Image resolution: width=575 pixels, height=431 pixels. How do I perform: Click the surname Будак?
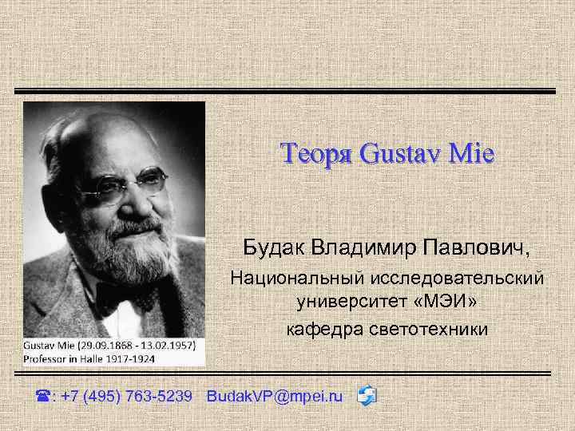(276, 249)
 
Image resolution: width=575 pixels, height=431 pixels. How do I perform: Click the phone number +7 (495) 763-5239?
(125, 396)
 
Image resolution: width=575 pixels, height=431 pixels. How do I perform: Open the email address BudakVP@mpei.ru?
(274, 396)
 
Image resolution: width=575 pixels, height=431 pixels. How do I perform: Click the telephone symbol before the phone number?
(44, 396)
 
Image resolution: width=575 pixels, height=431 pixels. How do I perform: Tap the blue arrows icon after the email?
(367, 395)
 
